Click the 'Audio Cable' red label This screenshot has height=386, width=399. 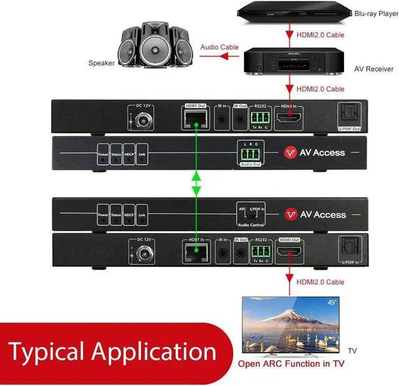point(219,47)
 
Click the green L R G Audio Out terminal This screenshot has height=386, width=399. point(251,154)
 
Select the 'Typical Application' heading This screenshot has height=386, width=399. point(112,352)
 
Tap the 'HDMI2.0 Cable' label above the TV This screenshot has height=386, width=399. point(320,282)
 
